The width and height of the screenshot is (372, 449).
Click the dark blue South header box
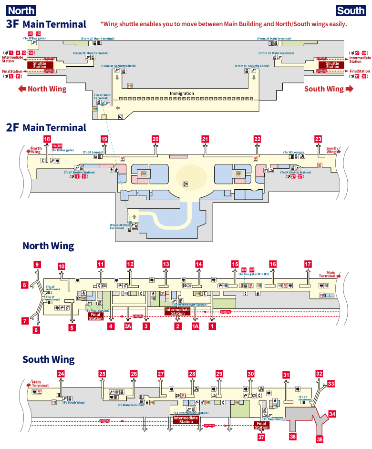click(x=351, y=10)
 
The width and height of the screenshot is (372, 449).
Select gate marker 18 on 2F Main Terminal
click(x=47, y=139)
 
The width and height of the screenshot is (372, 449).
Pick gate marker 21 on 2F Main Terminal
click(x=206, y=139)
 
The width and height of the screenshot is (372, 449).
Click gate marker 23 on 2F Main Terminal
click(x=318, y=139)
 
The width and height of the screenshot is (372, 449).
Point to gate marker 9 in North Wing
click(x=38, y=264)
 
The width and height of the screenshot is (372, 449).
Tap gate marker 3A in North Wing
click(x=127, y=327)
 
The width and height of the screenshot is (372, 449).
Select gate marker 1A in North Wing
click(x=195, y=327)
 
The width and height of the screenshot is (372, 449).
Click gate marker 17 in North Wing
click(x=308, y=264)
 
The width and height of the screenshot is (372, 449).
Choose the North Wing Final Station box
click(x=96, y=316)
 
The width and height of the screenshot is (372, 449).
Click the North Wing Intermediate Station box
click(x=177, y=311)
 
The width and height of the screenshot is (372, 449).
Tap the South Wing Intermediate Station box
click(x=186, y=419)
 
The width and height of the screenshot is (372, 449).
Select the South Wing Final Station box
click(x=261, y=425)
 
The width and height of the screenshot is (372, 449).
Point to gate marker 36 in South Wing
click(x=292, y=436)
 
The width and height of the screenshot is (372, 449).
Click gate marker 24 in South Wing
click(x=61, y=374)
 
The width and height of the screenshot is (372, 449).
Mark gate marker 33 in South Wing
click(x=331, y=383)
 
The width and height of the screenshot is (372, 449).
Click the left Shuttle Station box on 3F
click(x=40, y=65)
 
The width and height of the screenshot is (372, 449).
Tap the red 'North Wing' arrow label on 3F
click(x=42, y=89)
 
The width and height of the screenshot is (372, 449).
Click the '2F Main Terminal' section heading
click(x=46, y=127)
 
